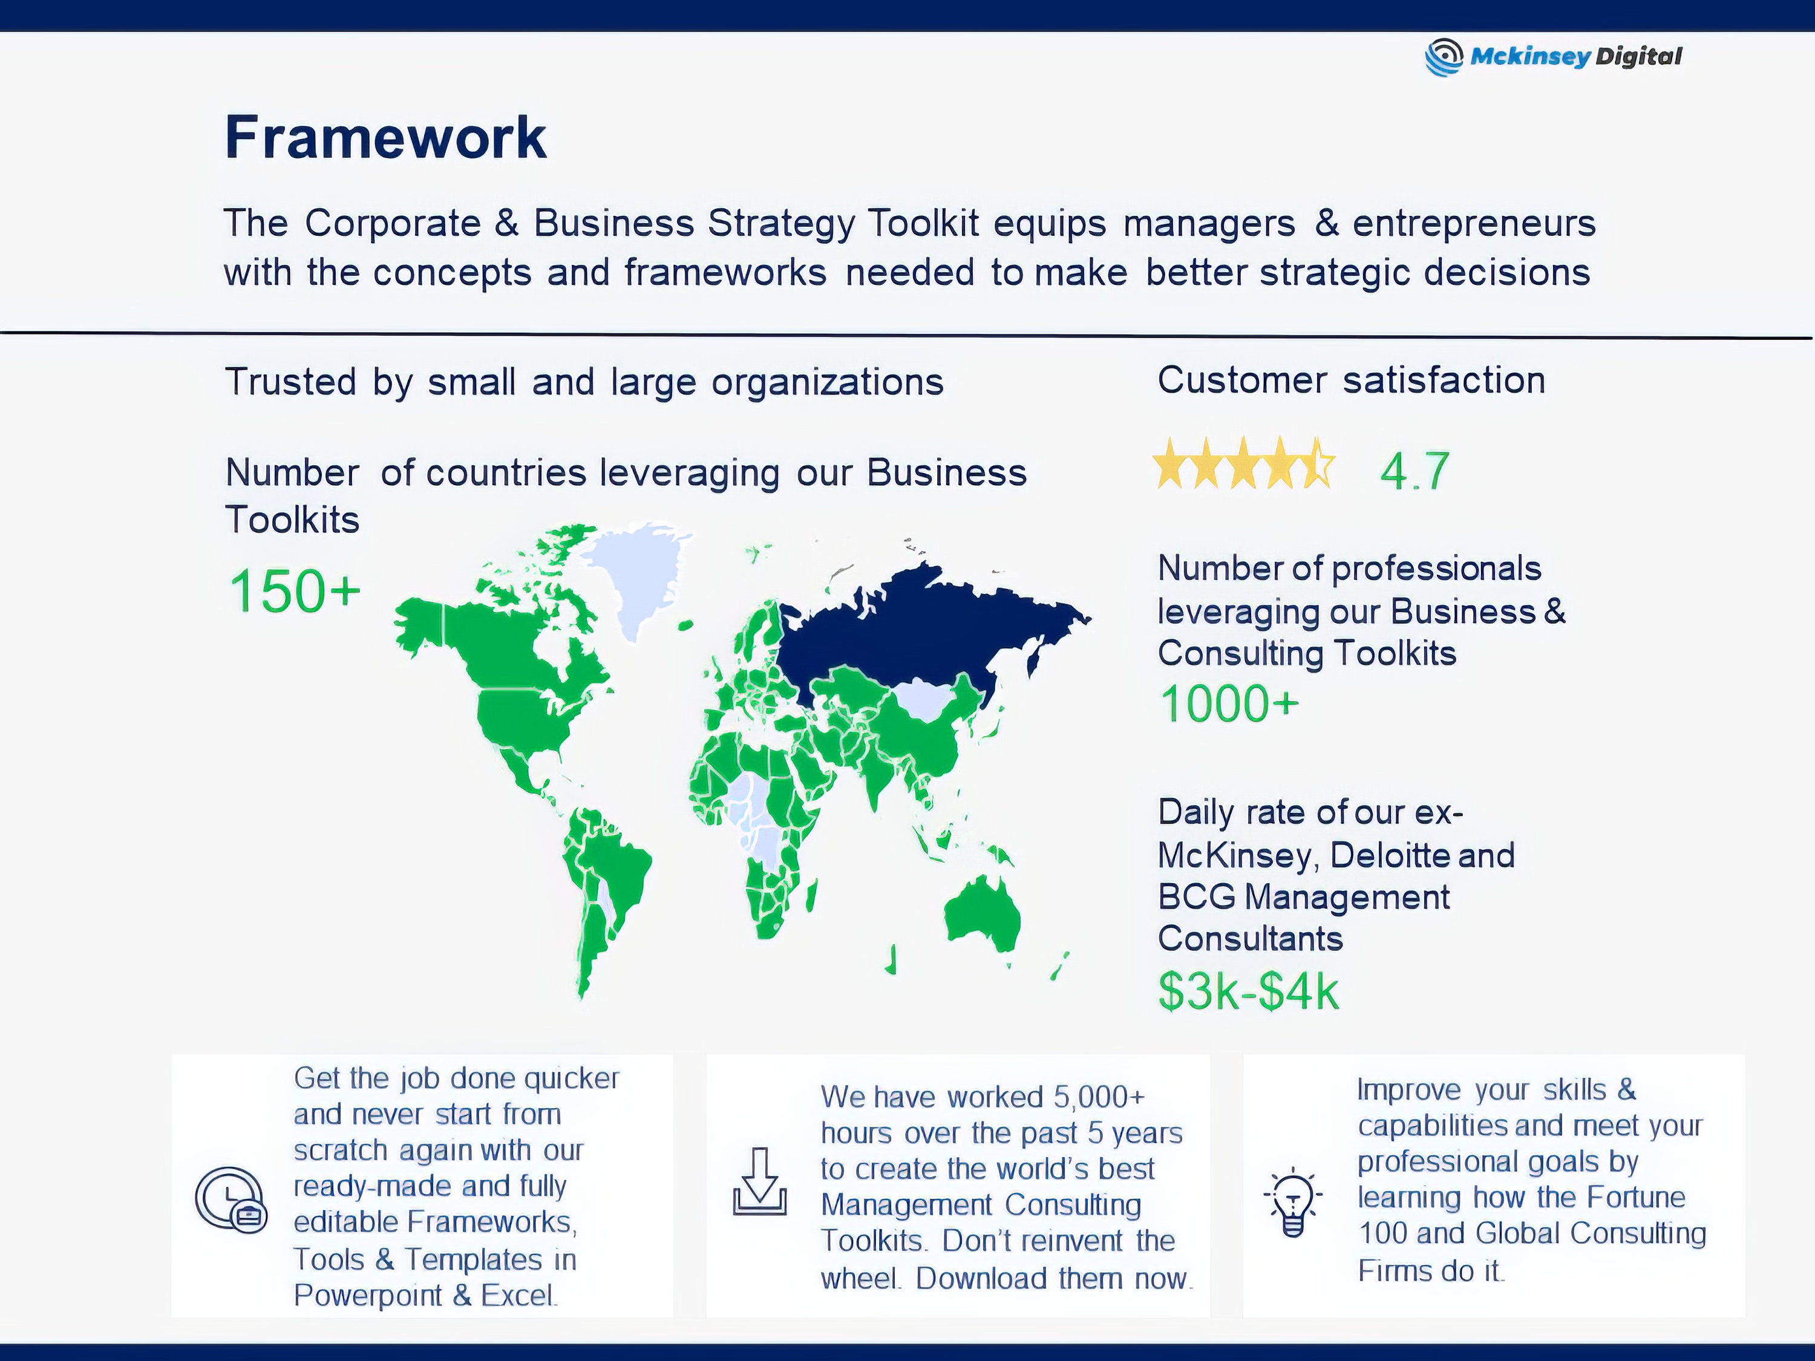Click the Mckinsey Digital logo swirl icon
(x=1444, y=57)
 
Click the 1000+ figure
(x=1228, y=704)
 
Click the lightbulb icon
(x=1292, y=1201)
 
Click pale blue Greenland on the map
(x=640, y=574)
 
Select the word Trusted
(x=290, y=382)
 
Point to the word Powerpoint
(x=368, y=1296)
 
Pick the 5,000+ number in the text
(x=1099, y=1097)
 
